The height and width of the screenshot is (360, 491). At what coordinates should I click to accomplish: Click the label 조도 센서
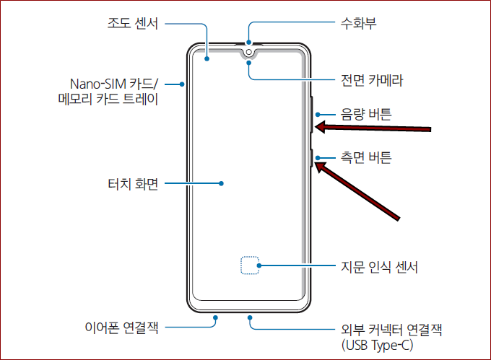(x=132, y=24)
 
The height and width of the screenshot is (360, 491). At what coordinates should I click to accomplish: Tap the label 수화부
(x=358, y=24)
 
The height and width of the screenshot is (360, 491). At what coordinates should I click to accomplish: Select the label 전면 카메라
(x=371, y=80)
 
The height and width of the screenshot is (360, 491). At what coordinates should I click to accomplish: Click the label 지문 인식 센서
(x=379, y=268)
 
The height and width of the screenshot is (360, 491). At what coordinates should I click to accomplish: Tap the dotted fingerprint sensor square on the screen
(x=249, y=265)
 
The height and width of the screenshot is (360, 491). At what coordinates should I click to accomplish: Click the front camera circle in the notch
(x=248, y=52)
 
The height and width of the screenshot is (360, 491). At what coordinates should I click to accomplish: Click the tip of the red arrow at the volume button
(x=318, y=128)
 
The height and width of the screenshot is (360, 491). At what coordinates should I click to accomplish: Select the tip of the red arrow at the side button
(x=318, y=164)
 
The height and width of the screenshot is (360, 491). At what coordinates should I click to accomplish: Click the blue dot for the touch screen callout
(x=221, y=183)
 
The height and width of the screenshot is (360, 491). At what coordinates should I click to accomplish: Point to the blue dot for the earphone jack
(x=215, y=315)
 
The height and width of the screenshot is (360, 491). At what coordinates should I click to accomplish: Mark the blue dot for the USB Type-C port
(x=248, y=315)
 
